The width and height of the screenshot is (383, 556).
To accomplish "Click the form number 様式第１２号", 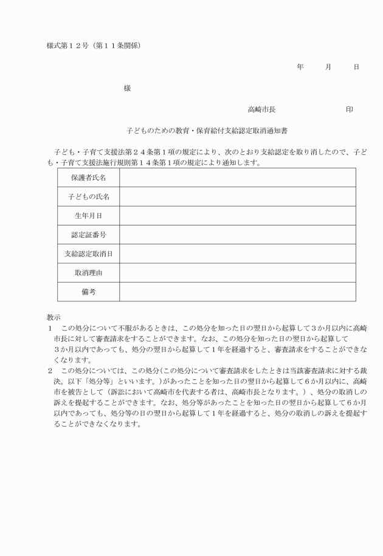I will (69, 45).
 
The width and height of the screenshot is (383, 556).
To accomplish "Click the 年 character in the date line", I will (300, 66).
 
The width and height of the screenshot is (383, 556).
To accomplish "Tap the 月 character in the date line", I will (328, 66).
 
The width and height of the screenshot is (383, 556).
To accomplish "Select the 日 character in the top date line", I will (356, 66).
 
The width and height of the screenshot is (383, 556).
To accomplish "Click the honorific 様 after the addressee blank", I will (127, 88).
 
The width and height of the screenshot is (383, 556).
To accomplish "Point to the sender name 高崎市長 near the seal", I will (261, 109).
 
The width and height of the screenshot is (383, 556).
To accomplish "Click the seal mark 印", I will (350, 109).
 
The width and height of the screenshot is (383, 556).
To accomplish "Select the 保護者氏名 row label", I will (89, 177).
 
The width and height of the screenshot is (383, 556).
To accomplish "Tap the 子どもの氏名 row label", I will (89, 196).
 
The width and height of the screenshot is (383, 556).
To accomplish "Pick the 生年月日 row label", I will (89, 216).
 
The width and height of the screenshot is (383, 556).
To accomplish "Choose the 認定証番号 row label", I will (89, 235).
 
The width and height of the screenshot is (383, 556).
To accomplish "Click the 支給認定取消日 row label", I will (89, 253).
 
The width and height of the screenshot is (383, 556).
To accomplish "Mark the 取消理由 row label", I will (89, 273).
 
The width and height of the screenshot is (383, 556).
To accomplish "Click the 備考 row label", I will (89, 292).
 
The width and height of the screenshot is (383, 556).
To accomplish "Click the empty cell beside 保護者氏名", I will (237, 177).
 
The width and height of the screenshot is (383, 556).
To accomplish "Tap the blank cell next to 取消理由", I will (237, 273).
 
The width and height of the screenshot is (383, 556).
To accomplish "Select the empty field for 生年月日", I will (237, 216).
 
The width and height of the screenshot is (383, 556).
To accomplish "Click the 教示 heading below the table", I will (54, 317).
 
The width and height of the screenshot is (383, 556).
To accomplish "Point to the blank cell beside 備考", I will (237, 292).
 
